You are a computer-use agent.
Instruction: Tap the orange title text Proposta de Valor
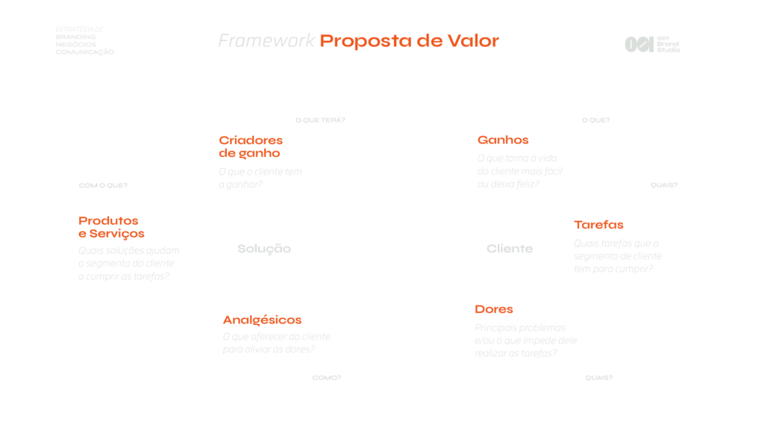(x=409, y=40)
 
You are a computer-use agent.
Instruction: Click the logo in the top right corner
(x=652, y=44)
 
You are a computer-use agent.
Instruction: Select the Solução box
(x=264, y=249)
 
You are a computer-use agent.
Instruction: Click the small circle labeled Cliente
(x=510, y=249)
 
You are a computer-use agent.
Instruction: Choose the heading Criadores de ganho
(x=251, y=146)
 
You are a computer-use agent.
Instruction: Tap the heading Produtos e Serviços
(x=111, y=227)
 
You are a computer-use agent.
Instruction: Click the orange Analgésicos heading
(x=262, y=320)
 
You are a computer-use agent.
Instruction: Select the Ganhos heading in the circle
(x=503, y=140)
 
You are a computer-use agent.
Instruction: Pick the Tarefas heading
(x=598, y=225)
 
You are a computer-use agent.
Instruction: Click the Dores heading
(x=494, y=309)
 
